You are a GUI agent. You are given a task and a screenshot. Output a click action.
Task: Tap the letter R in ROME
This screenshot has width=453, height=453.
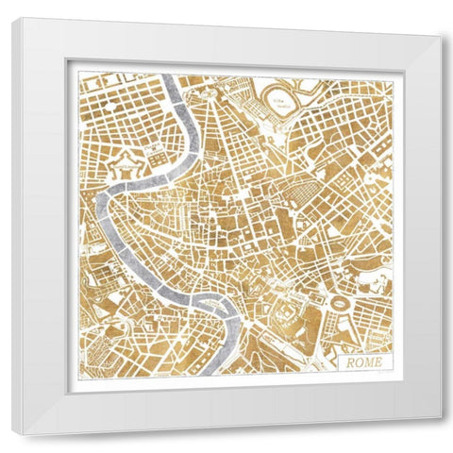tap(350, 361)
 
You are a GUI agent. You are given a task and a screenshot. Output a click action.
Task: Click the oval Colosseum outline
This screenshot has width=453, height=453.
tap(336, 305)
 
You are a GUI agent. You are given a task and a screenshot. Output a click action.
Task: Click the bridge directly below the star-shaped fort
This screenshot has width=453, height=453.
tap(120, 193)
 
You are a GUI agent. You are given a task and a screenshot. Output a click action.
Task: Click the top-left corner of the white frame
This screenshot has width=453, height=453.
tap(14, 17)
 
